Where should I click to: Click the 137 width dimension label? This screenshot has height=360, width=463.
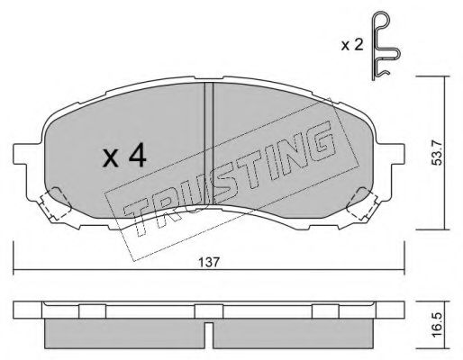coord(209,263)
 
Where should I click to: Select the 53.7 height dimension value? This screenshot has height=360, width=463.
coord(437,153)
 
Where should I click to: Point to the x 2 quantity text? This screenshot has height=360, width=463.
coord(352,45)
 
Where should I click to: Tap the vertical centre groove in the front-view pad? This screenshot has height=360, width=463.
coord(209,143)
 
